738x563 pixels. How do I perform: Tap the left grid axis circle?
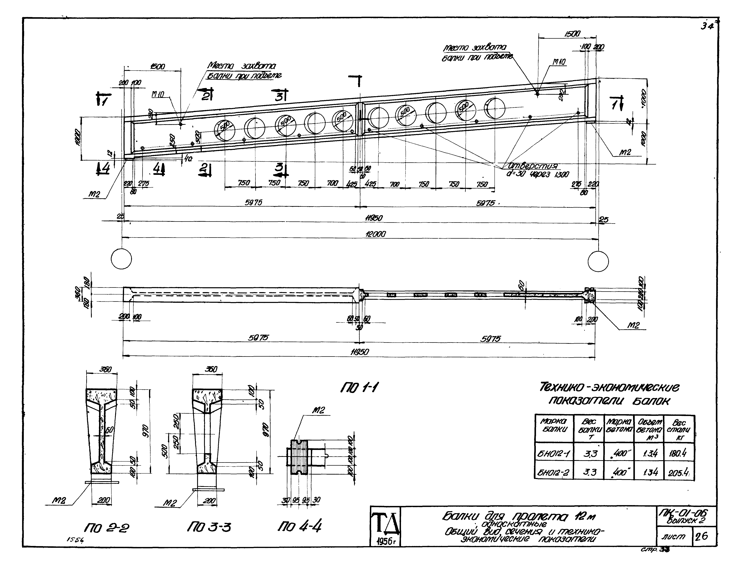(x=121, y=259)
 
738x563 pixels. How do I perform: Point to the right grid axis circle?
(x=598, y=261)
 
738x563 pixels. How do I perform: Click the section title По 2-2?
(x=107, y=528)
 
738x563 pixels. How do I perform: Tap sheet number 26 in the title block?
(x=702, y=536)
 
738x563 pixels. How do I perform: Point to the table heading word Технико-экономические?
(x=609, y=388)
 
